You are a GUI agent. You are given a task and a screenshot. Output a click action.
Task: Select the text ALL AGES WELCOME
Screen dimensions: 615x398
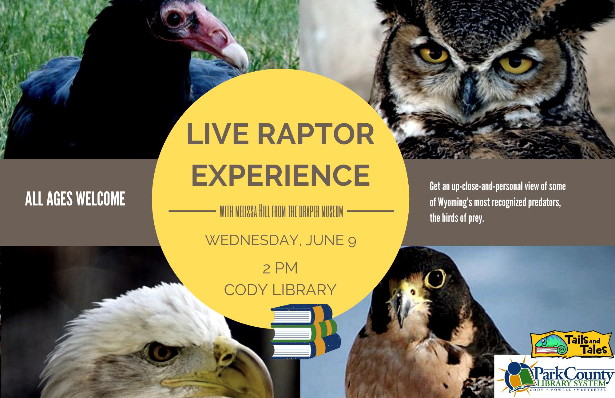[x=75, y=199]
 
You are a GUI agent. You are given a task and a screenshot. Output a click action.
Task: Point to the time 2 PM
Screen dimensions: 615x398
[x=280, y=269]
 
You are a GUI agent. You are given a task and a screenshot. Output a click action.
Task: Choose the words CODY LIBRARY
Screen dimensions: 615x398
[x=280, y=290]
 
